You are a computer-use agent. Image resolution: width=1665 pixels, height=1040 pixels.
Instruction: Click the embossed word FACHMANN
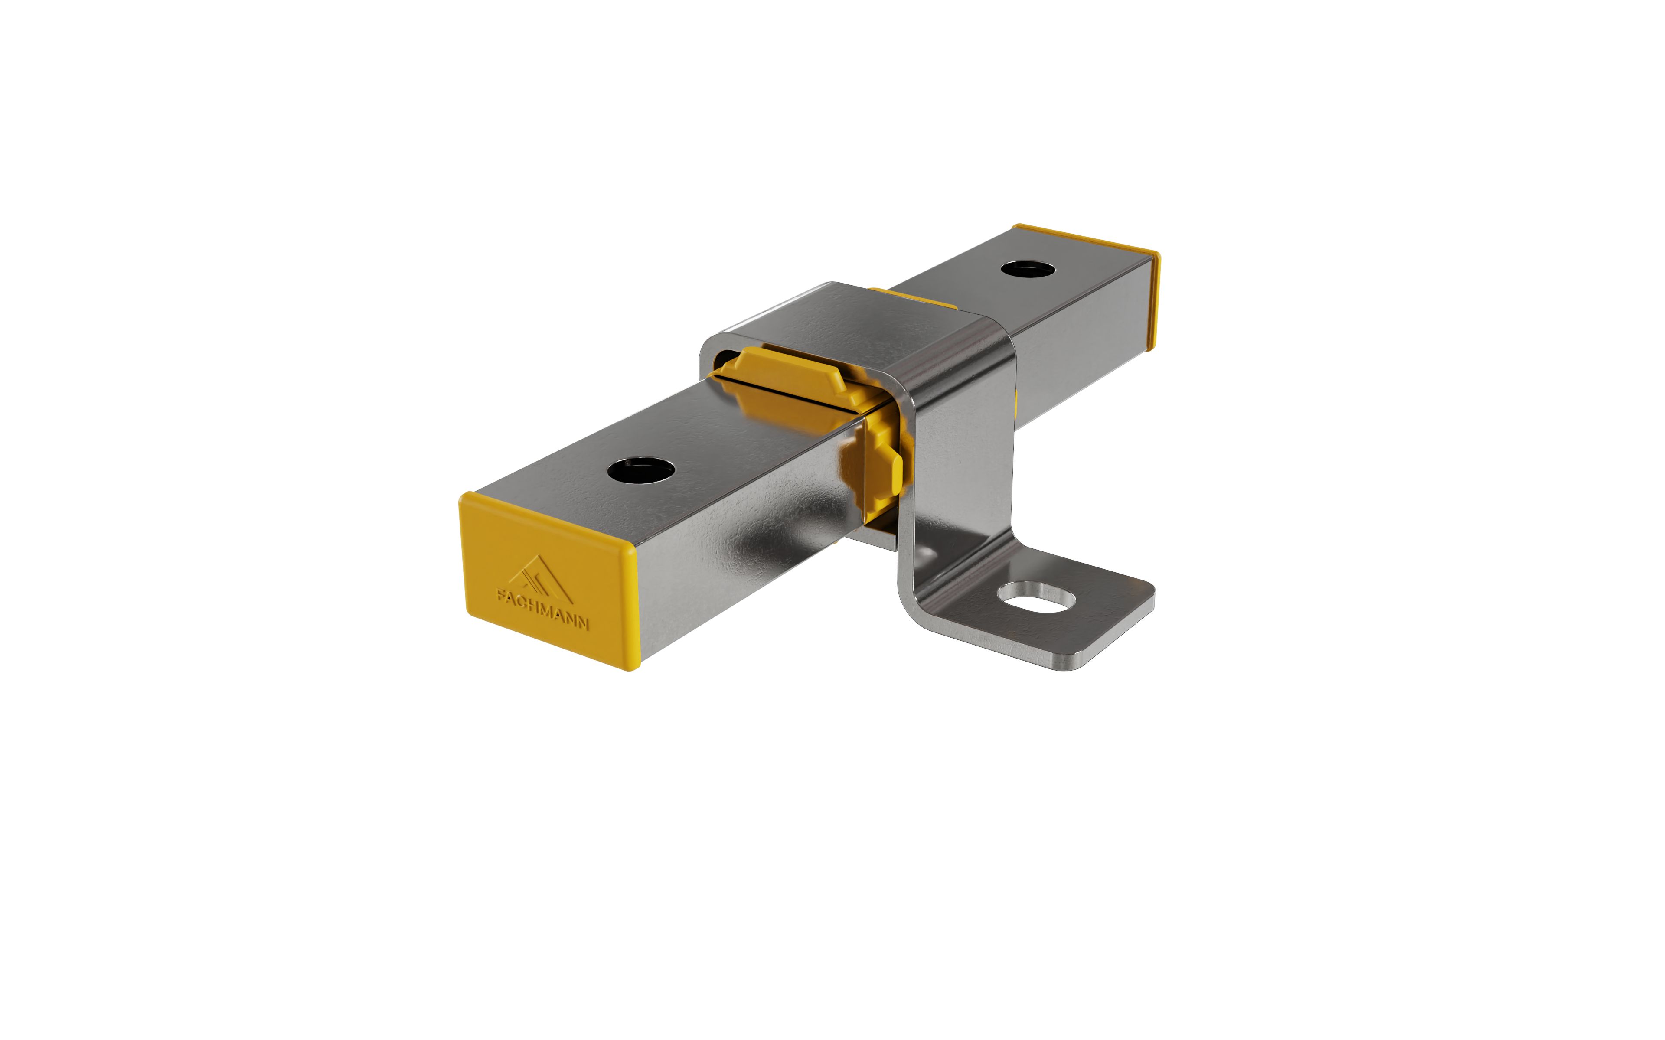[542, 608]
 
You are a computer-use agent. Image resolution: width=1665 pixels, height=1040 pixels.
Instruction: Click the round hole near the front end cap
[641, 471]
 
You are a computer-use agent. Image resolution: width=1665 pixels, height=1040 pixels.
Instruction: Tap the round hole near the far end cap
[1028, 267]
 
